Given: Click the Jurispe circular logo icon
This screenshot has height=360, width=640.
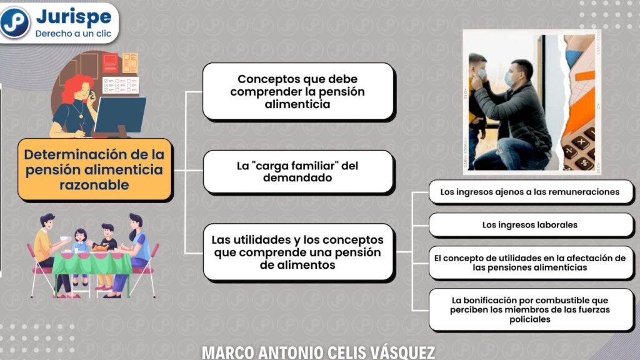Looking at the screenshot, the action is [x=15, y=22].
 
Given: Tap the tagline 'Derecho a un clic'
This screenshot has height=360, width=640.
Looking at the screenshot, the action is [x=73, y=34].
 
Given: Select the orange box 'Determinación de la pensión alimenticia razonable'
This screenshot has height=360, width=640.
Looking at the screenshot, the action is [x=95, y=170].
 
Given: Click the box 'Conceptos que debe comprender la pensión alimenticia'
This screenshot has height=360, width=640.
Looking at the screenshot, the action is [x=298, y=91].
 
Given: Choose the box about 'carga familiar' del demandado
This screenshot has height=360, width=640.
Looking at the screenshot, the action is [x=298, y=171].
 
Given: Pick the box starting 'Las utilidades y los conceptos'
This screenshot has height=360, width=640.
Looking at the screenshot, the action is [x=298, y=252].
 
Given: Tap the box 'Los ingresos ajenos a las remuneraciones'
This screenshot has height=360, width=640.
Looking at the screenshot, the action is [x=530, y=192].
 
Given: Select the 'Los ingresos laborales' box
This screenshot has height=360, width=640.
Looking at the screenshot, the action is [x=530, y=225].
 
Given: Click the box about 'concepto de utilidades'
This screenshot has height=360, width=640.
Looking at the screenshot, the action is [x=530, y=263].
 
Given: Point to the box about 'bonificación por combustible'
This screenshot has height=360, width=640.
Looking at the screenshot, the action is [x=530, y=309].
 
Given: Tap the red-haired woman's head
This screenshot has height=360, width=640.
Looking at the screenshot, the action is [x=80, y=89].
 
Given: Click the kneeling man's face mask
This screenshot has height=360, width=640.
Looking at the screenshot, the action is [x=509, y=79].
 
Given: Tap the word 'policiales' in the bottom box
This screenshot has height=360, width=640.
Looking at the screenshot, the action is [x=530, y=319].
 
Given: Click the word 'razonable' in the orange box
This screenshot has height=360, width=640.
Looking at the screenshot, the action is [x=94, y=185].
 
